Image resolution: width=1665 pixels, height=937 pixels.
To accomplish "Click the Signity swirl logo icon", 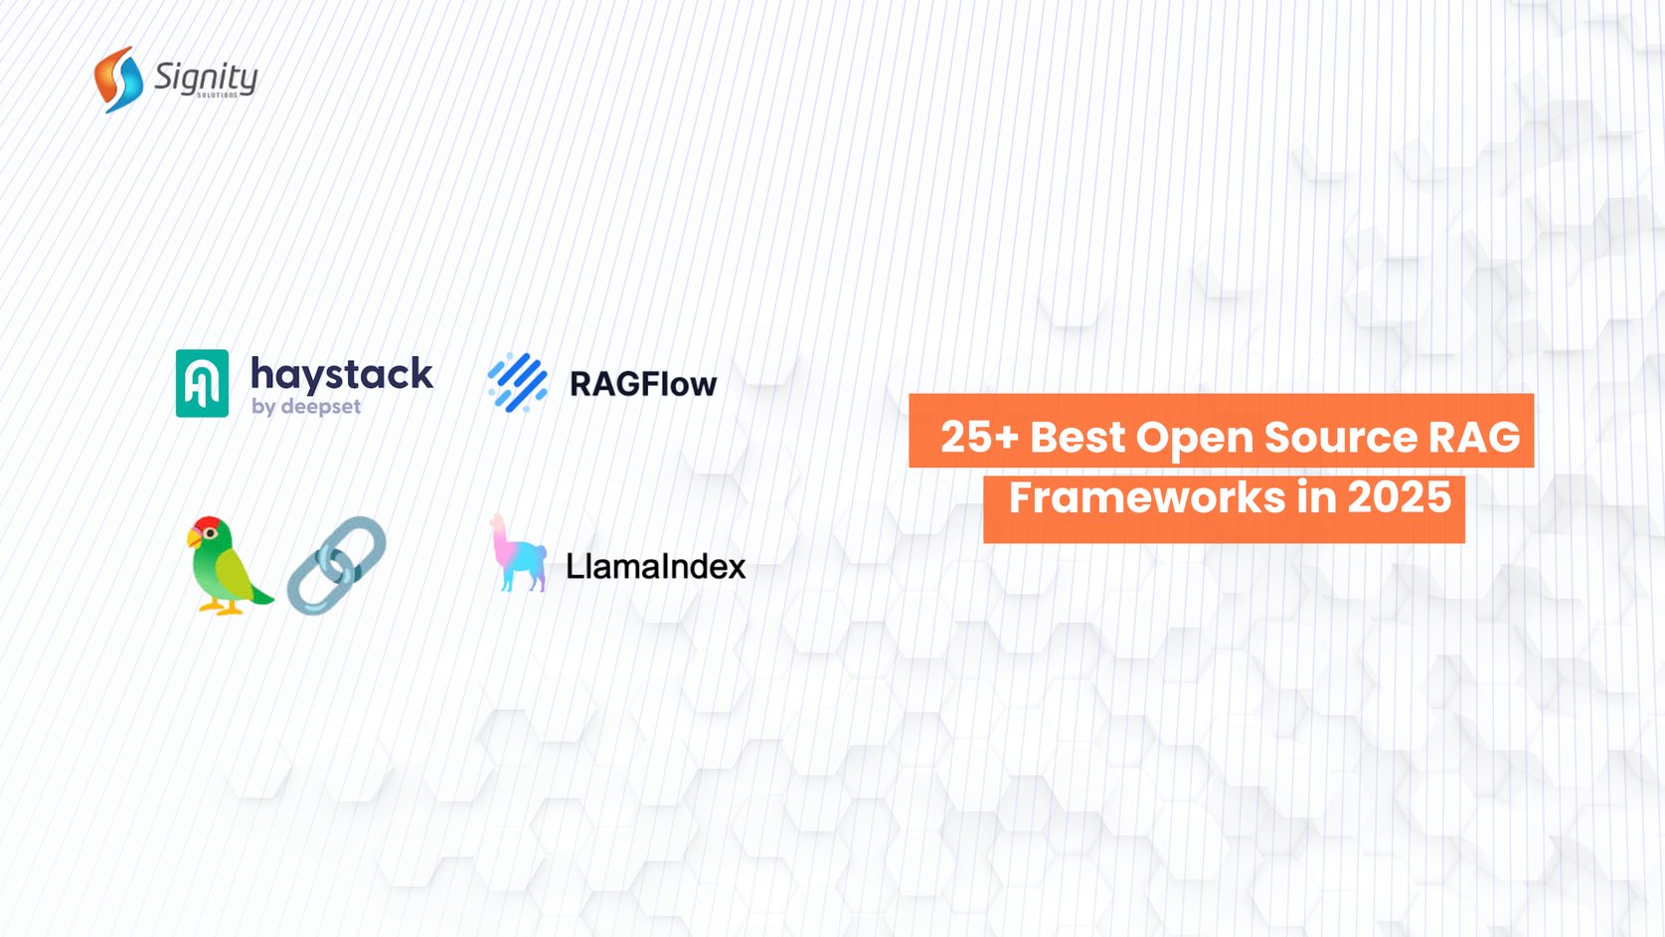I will pyautogui.click(x=118, y=79).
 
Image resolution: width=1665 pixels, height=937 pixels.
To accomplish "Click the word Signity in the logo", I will pyautogui.click(x=206, y=76).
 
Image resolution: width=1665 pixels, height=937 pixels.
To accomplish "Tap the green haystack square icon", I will pyautogui.click(x=202, y=383).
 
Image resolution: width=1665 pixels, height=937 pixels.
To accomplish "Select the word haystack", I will pyautogui.click(x=341, y=374).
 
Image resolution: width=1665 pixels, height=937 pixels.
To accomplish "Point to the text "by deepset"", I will pyautogui.click(x=305, y=406).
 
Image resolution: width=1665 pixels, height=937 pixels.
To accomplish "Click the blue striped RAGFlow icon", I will pyautogui.click(x=517, y=382).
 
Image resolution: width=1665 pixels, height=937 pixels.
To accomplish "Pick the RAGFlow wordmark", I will pyautogui.click(x=642, y=384).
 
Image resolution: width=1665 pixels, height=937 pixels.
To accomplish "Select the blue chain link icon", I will pyautogui.click(x=336, y=565).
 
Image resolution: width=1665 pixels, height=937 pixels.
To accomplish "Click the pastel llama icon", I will pyautogui.click(x=517, y=554).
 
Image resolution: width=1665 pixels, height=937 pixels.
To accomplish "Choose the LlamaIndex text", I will pyautogui.click(x=655, y=566).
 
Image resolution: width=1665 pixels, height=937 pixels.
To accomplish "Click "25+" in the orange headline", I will pyautogui.click(x=978, y=437).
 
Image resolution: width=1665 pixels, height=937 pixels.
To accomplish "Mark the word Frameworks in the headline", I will pyautogui.click(x=1146, y=497).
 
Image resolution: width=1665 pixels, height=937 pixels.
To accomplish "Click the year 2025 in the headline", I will pyautogui.click(x=1399, y=497).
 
